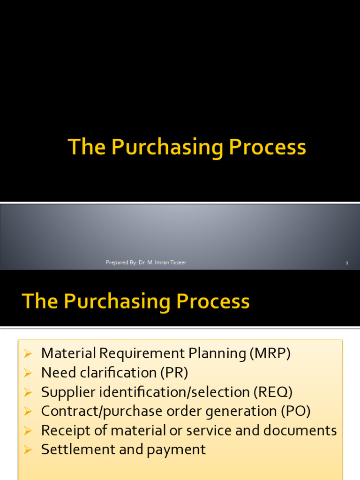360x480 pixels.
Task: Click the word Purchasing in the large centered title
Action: click(x=167, y=148)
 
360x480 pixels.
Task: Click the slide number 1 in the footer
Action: click(x=347, y=263)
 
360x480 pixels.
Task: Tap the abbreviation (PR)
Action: click(x=174, y=373)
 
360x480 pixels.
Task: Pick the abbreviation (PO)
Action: click(x=296, y=411)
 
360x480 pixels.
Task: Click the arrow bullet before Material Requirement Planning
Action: click(x=28, y=354)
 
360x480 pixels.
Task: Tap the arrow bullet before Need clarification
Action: click(x=28, y=373)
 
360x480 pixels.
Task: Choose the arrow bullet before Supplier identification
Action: click(x=28, y=392)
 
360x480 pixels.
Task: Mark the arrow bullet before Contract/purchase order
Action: click(x=28, y=412)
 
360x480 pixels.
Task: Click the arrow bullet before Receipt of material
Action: click(x=28, y=431)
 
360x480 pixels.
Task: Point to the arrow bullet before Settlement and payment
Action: click(x=28, y=450)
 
